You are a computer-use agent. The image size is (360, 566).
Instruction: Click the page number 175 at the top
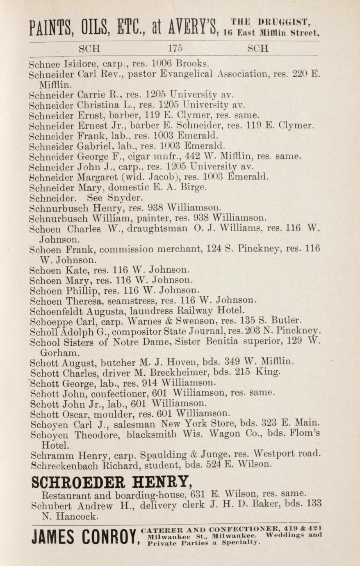pyautogui.click(x=175, y=48)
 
